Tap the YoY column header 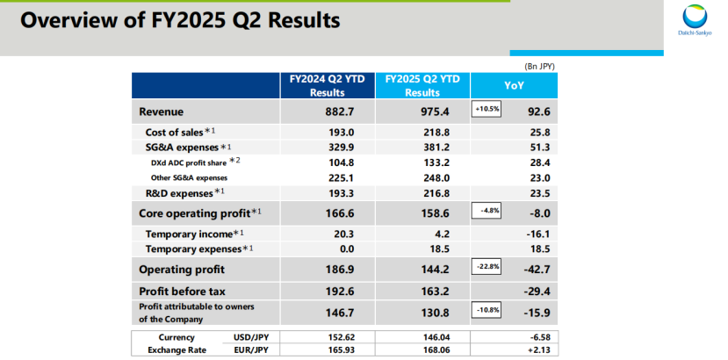click(x=515, y=85)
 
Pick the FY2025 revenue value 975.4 click(x=422, y=112)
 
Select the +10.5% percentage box click(x=487, y=110)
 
